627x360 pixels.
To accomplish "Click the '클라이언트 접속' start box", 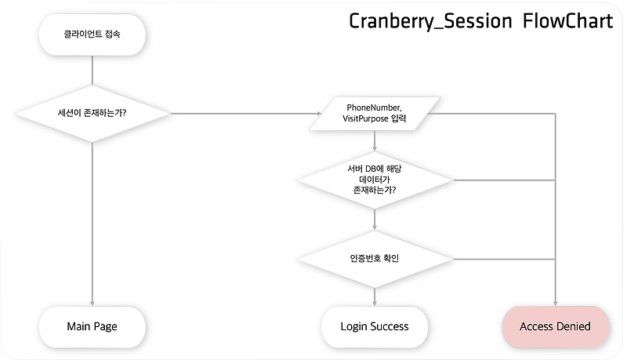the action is pyautogui.click(x=92, y=35).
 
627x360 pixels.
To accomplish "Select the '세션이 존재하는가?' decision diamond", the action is pyautogui.click(x=92, y=114).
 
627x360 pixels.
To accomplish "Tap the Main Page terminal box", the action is pyautogui.click(x=92, y=327).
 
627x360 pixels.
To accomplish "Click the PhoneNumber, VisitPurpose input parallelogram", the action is pyautogui.click(x=375, y=114).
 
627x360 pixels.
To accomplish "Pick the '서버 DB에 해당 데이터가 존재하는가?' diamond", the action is pyautogui.click(x=375, y=180).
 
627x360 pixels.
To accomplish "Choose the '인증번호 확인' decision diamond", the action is pyautogui.click(x=375, y=259).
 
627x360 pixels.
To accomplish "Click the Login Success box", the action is pyautogui.click(x=375, y=327).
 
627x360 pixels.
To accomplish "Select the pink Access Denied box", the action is pyautogui.click(x=556, y=327).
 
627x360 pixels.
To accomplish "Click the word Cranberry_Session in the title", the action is pyautogui.click(x=430, y=22).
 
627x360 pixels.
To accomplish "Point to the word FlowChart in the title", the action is pyautogui.click(x=567, y=21).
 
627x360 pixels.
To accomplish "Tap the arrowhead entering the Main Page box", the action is pyautogui.click(x=92, y=304).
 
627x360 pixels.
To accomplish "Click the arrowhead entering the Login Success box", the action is pyautogui.click(x=375, y=304).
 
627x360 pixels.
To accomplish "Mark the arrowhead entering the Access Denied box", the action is pyautogui.click(x=556, y=304).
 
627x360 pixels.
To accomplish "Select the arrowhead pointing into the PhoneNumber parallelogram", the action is pyautogui.click(x=319, y=114).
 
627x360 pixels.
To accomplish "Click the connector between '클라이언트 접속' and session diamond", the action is pyautogui.click(x=92, y=70).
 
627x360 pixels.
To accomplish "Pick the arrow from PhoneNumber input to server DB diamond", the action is pyautogui.click(x=375, y=141).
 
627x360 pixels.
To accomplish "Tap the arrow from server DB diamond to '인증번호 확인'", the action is pyautogui.click(x=375, y=219).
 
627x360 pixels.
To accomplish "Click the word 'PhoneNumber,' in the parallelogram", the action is pyautogui.click(x=375, y=107).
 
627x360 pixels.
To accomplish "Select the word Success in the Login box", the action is pyautogui.click(x=389, y=326).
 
